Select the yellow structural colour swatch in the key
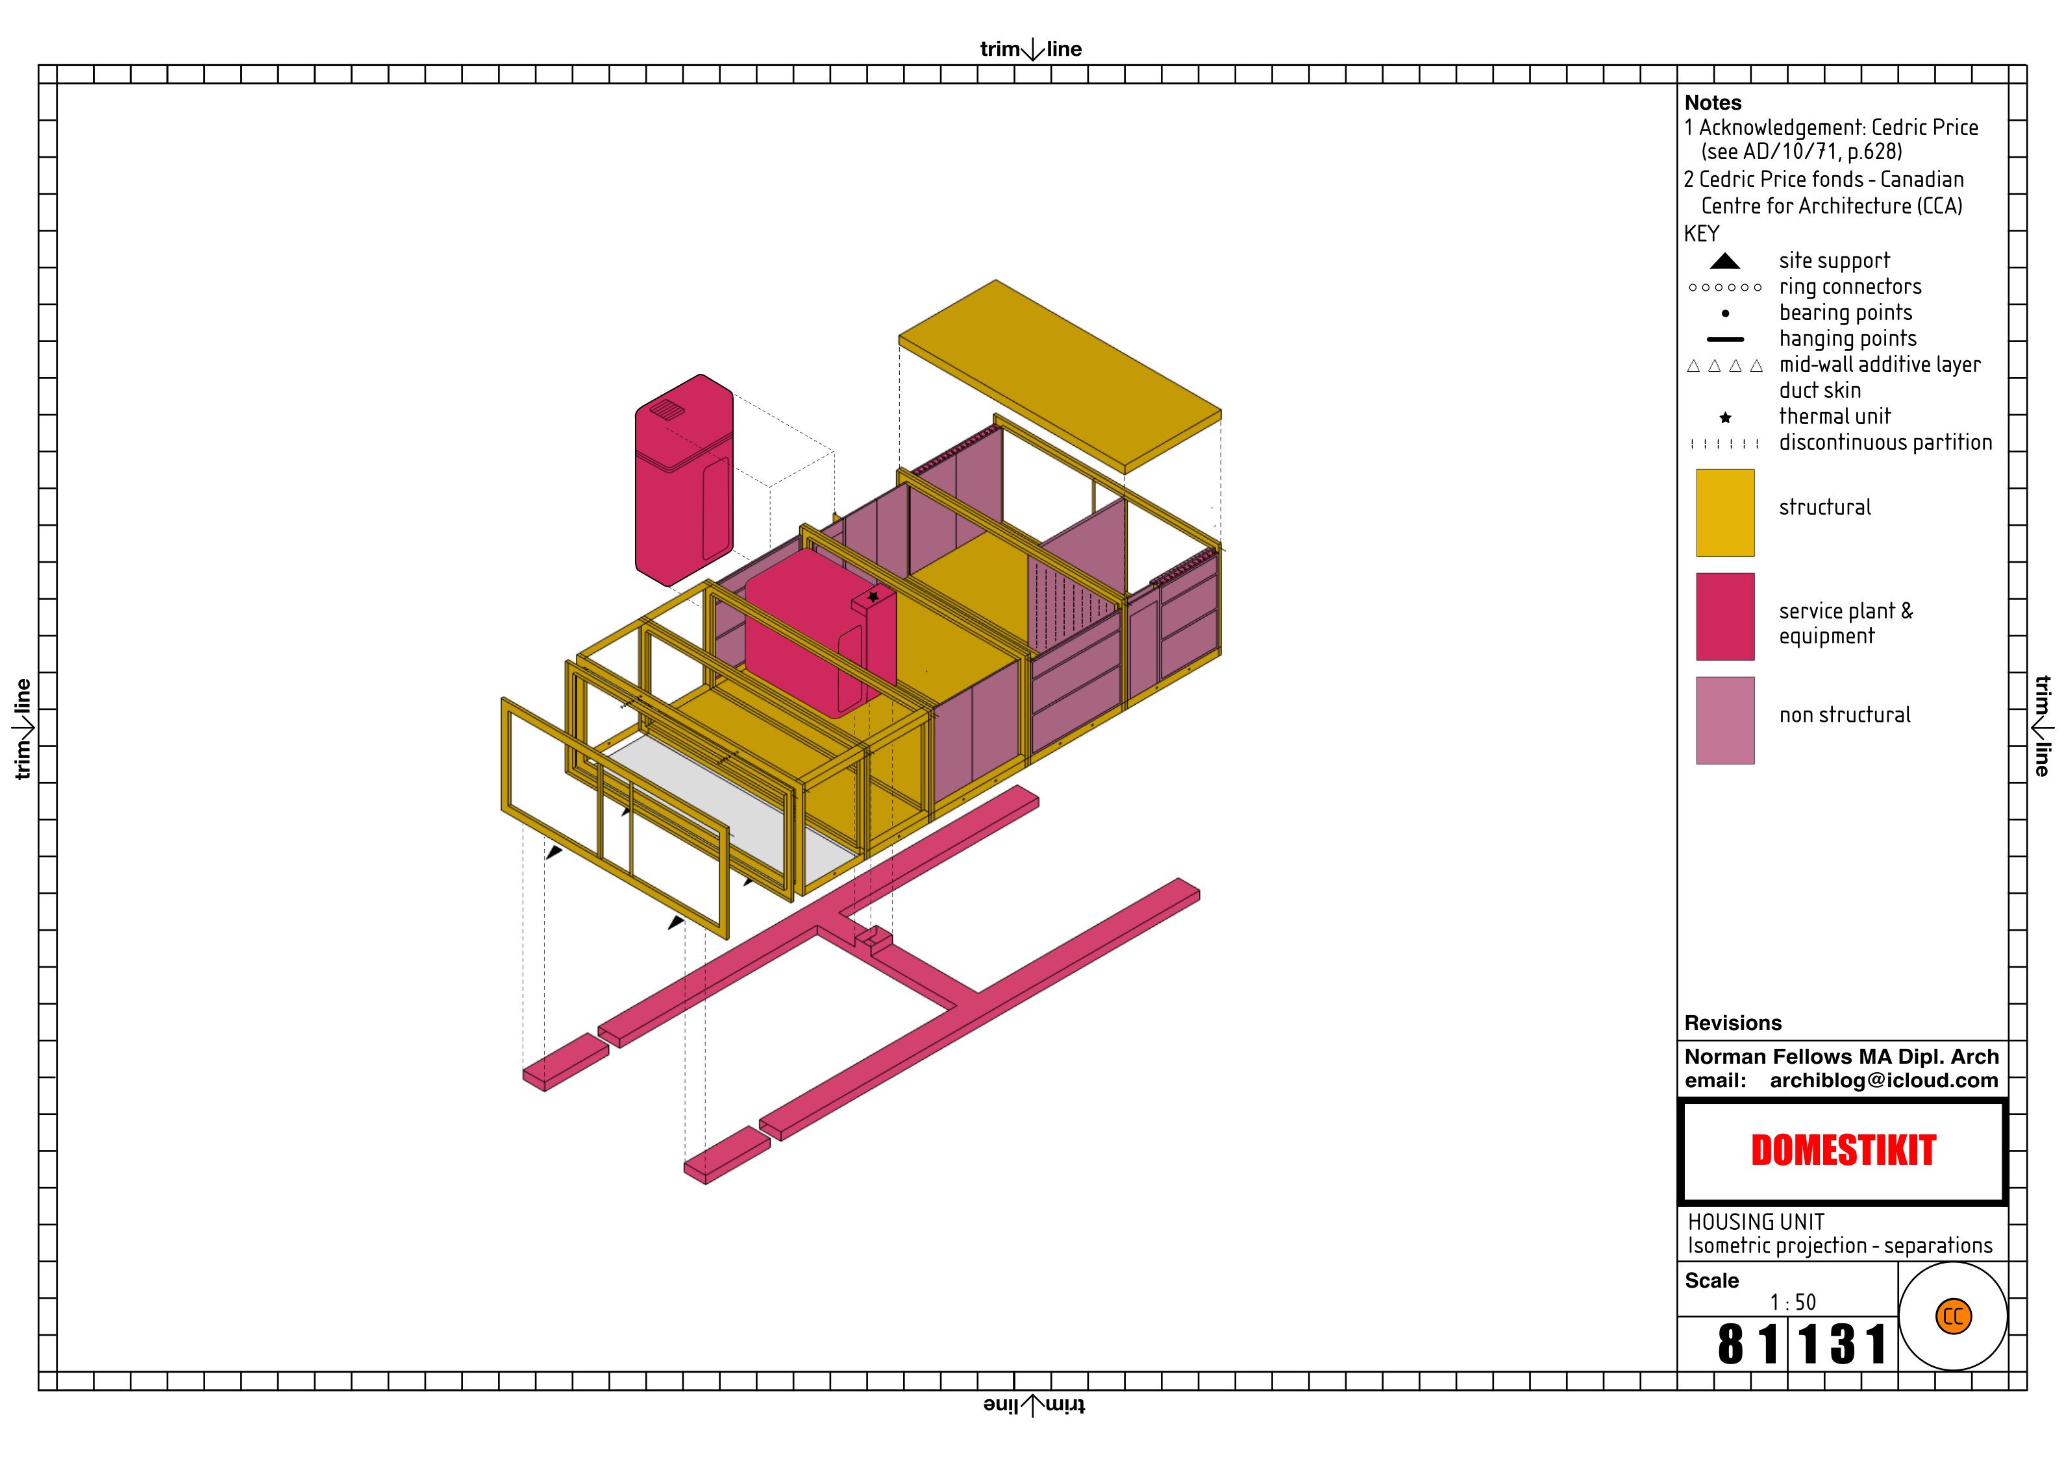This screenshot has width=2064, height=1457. click(x=1724, y=512)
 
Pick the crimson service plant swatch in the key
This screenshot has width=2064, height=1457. click(x=1724, y=617)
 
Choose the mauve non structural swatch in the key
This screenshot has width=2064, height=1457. click(x=1724, y=720)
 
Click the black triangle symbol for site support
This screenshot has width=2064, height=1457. click(x=1724, y=262)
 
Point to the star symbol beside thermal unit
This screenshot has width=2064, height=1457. click(x=1725, y=418)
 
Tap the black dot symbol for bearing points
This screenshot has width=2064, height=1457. click(x=1725, y=313)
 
